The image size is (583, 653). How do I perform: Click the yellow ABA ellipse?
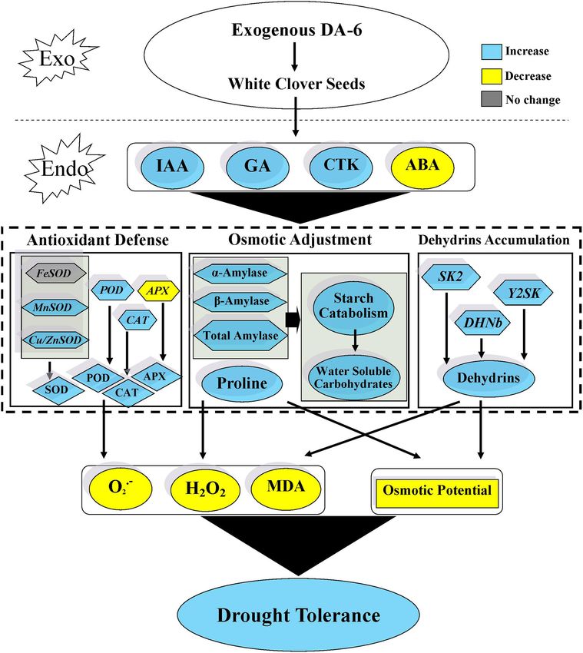point(422,167)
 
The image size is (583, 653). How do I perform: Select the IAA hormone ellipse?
point(172,167)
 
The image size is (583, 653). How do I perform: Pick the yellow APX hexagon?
point(157,290)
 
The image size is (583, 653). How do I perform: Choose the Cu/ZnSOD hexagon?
point(55,340)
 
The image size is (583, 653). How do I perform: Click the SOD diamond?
point(56,389)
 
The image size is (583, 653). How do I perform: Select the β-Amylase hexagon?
point(240,301)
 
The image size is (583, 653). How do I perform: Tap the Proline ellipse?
point(242,383)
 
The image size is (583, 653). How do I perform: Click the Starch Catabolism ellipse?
point(353,306)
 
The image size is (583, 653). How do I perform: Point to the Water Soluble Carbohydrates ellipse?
point(353,377)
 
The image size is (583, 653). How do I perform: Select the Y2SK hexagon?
point(523,293)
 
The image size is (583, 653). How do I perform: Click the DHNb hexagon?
point(482,323)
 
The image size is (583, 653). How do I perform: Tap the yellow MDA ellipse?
point(286,487)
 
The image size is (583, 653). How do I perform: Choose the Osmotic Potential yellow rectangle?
point(437,491)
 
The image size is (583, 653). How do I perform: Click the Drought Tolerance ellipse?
point(298,616)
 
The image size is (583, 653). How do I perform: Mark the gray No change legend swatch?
point(492,99)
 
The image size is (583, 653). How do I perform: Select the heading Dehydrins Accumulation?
point(494,240)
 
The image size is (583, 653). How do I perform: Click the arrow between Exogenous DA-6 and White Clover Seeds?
point(294,56)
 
